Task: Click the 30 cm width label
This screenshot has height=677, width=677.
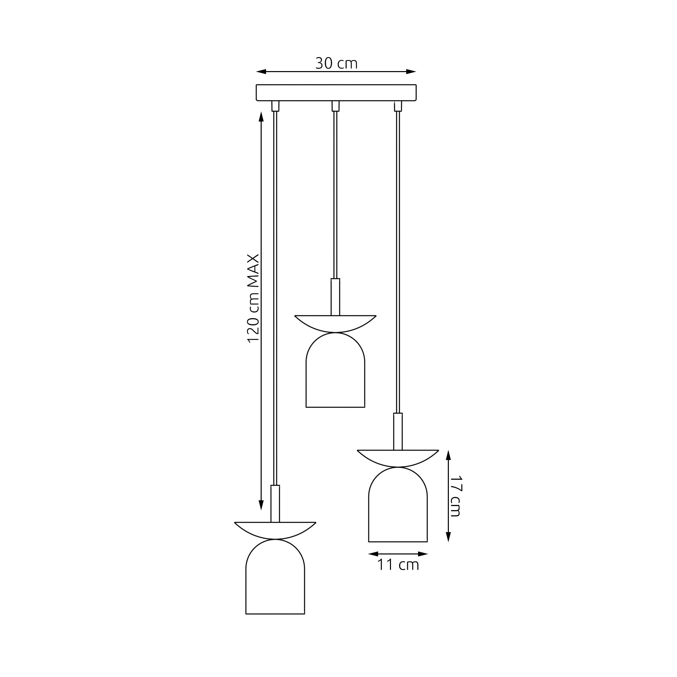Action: (336, 63)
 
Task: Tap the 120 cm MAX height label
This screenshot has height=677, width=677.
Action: (253, 298)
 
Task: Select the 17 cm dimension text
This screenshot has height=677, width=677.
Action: (456, 496)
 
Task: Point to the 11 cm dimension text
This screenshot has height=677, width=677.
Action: (398, 565)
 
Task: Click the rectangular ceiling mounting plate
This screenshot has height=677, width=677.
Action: (336, 92)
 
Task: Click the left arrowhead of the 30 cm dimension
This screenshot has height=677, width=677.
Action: (261, 72)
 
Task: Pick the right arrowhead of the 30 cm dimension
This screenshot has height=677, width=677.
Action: (411, 72)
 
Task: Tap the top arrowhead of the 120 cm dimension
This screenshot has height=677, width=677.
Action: (261, 117)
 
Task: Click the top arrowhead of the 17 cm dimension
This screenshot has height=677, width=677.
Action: (448, 455)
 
